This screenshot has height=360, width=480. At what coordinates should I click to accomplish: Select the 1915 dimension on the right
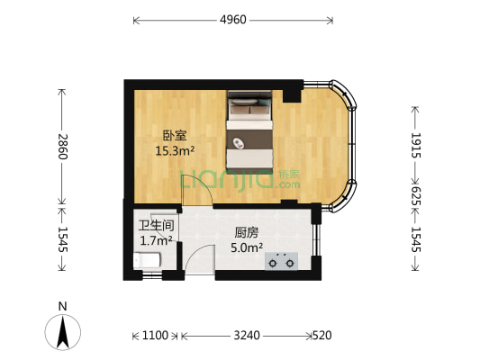(415, 146)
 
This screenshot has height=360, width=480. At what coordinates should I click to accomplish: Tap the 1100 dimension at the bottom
(155, 336)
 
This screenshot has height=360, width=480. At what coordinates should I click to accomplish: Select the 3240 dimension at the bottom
(247, 336)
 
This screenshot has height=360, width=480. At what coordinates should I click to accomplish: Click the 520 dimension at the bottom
(322, 336)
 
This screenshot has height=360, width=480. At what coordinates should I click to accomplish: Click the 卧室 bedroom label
(174, 136)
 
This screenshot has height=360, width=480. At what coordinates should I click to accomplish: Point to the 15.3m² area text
(175, 151)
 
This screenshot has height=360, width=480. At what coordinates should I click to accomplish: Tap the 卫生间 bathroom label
(155, 226)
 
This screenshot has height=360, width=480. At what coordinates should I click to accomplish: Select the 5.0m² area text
(246, 246)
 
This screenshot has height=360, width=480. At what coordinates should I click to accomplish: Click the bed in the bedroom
(248, 131)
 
